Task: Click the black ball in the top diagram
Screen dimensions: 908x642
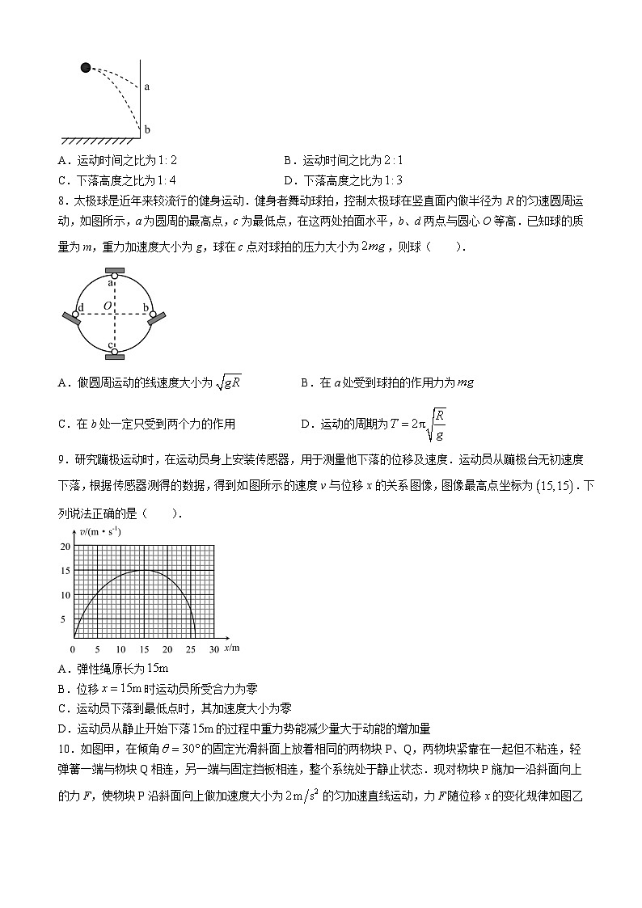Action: coord(86,67)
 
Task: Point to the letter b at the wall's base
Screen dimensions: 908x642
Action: coord(147,129)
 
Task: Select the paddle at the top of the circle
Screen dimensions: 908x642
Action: coord(114,269)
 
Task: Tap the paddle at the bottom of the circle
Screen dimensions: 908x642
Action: coord(114,354)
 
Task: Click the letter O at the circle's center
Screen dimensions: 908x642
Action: coord(107,306)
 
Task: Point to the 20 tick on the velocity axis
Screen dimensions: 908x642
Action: coord(65,546)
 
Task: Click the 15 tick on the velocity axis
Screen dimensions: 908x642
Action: coord(65,571)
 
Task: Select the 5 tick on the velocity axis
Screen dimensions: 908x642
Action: coord(66,619)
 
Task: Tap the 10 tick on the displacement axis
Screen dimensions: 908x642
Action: coord(121,650)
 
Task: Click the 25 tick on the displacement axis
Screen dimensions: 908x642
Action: coord(191,650)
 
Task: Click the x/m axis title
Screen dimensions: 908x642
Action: coord(232,648)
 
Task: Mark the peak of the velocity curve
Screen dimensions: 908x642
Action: coord(144,570)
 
